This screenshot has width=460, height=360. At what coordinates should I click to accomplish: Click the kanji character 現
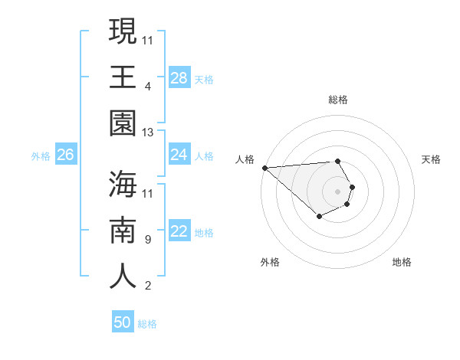pos(123,32)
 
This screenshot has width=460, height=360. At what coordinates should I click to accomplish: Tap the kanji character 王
pos(123,77)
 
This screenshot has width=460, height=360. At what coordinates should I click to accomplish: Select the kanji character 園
pos(123,123)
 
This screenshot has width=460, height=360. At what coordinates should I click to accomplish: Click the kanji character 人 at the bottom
pos(123,276)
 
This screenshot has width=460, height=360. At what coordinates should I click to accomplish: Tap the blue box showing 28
pos(179,78)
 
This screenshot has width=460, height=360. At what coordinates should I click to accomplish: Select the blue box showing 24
pos(179,155)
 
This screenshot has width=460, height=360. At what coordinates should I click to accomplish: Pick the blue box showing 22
pos(179,232)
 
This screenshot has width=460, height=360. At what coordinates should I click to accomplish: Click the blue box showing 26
pos(65,155)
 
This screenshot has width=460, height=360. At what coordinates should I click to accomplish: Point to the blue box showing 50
pos(123,322)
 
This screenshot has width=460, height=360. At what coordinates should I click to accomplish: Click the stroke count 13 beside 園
pos(149,133)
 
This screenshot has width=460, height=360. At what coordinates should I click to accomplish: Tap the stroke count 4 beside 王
pos(148,86)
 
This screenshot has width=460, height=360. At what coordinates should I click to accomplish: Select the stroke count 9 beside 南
pos(148,239)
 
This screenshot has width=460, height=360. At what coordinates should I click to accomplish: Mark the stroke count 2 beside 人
pos(148,286)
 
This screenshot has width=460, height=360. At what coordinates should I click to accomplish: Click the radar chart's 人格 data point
pos(264,168)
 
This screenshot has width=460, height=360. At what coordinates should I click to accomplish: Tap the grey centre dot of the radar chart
pos(338,191)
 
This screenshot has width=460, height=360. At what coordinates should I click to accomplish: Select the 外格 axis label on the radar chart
pos(270,262)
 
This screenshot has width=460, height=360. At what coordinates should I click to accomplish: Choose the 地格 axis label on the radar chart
pos(402,262)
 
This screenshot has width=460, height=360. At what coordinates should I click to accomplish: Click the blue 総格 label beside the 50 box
pos(147,324)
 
